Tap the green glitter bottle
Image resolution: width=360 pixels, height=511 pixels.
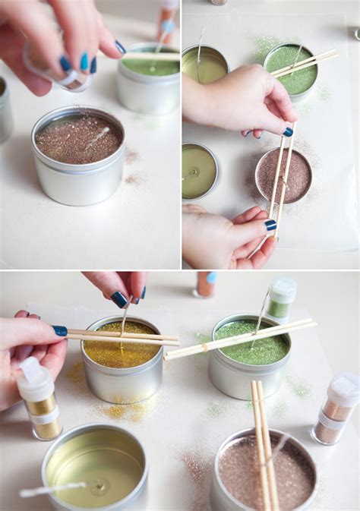281,299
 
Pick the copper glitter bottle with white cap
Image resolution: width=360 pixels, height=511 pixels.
334,411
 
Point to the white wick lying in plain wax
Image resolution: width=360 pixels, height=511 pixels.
53,490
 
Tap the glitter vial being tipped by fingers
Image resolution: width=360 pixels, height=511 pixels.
57,68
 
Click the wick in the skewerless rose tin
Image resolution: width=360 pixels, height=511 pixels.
96,137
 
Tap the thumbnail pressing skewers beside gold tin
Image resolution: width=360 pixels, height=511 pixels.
59,331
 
